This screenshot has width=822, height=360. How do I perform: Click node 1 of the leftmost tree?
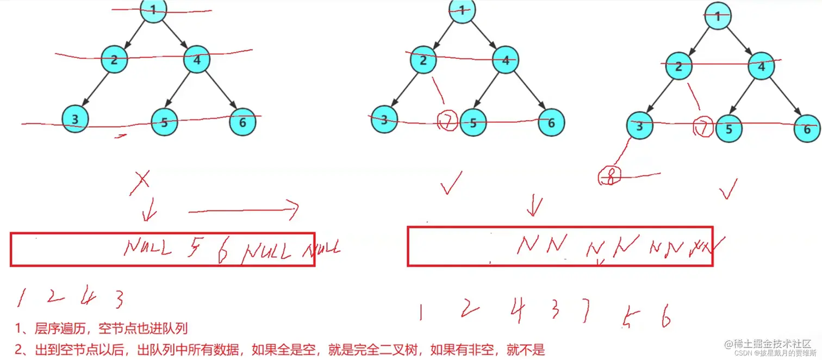pyautogui.click(x=153, y=11)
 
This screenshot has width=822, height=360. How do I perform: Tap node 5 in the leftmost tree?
pyautogui.click(x=164, y=122)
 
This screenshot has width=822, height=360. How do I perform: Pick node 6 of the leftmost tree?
pyautogui.click(x=242, y=122)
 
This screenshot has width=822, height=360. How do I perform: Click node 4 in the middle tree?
pyautogui.click(x=506, y=60)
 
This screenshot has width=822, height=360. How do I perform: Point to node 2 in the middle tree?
pyautogui.click(x=424, y=60)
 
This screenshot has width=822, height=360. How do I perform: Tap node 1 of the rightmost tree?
pyautogui.click(x=718, y=16)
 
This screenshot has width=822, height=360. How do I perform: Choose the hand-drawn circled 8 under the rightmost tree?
pyautogui.click(x=609, y=177)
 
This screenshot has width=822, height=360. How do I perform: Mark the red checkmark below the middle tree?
pyautogui.click(x=452, y=183)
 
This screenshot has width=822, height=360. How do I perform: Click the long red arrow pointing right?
pyautogui.click(x=244, y=209)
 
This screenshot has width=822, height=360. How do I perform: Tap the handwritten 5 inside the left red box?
pyautogui.click(x=194, y=248)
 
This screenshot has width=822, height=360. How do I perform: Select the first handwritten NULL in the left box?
pyautogui.click(x=147, y=248)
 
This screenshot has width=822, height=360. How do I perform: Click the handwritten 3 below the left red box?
pyautogui.click(x=119, y=299)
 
